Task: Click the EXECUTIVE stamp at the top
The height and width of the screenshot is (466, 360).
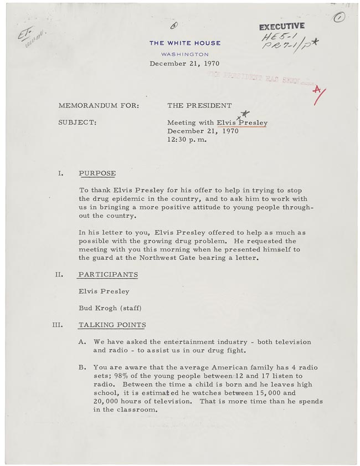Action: (x=281, y=26)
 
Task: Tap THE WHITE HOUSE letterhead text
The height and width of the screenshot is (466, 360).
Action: (x=184, y=43)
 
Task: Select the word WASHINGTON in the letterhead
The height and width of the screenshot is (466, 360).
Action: (x=184, y=54)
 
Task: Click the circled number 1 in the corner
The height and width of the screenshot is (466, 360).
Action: (x=339, y=17)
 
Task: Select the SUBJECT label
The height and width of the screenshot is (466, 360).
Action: (x=77, y=122)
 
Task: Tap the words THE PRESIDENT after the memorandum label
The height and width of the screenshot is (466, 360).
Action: (x=199, y=105)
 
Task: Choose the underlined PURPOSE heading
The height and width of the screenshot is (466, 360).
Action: (x=97, y=173)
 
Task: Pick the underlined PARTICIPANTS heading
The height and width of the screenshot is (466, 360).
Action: (x=108, y=274)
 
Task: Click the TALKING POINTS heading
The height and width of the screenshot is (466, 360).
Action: (x=112, y=325)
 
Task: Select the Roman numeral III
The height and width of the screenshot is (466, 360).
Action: (x=57, y=325)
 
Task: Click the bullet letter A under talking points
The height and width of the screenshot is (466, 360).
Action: (x=82, y=342)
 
